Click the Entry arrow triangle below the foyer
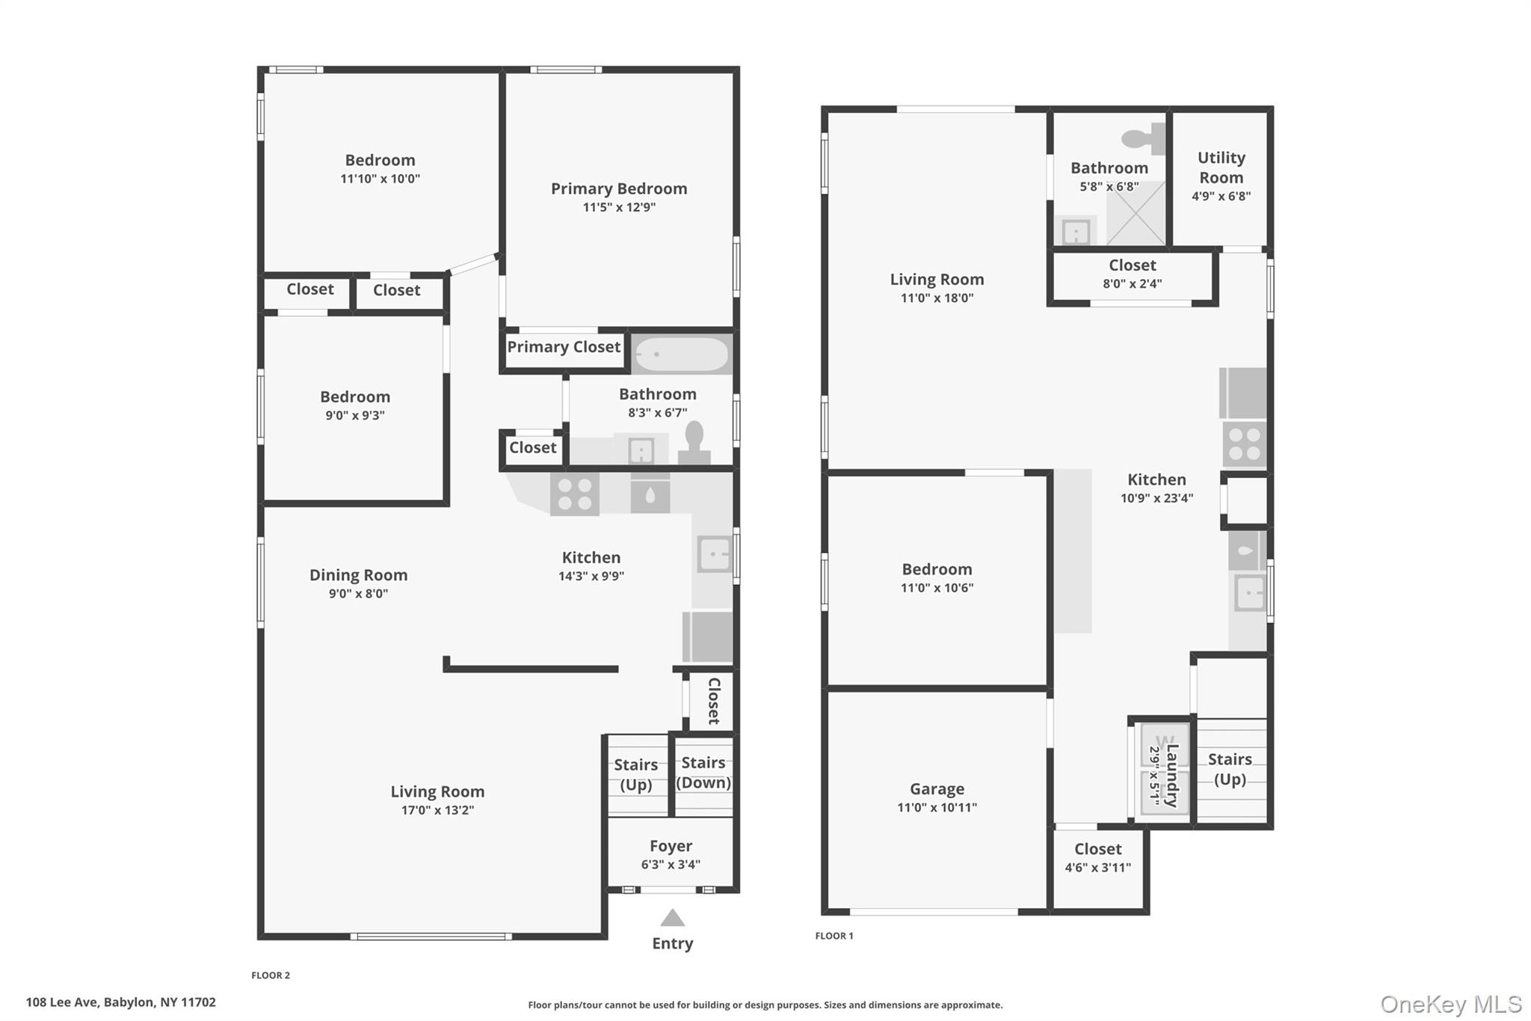(x=673, y=918)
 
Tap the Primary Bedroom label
(x=619, y=188)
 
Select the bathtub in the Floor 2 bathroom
(x=682, y=354)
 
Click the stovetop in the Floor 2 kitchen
(x=574, y=494)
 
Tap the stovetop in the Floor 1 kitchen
(x=1244, y=444)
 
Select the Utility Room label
(x=1221, y=168)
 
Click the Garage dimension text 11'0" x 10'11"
(x=937, y=807)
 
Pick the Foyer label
(x=671, y=845)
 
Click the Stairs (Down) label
(x=703, y=773)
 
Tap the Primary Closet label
(x=564, y=346)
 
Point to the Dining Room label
(x=359, y=574)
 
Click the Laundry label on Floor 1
(x=1171, y=775)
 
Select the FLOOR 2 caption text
(x=271, y=975)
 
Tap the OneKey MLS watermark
(x=1451, y=1004)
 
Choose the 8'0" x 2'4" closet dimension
(x=1133, y=283)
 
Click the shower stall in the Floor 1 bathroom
(x=1136, y=213)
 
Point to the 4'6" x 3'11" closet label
(x=1097, y=868)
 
